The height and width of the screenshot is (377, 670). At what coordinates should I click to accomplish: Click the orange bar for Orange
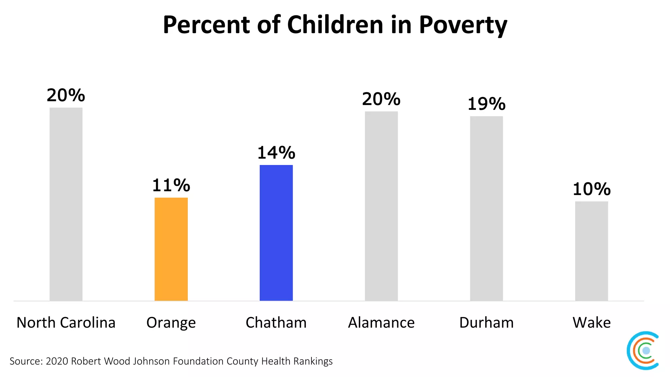[x=171, y=249]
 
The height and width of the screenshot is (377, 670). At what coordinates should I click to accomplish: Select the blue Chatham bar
[x=276, y=233]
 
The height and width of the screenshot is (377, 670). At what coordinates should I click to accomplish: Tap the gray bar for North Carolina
[x=66, y=204]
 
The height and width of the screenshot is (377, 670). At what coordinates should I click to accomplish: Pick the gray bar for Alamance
[x=381, y=206]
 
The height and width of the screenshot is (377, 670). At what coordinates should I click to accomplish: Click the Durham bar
[x=486, y=208]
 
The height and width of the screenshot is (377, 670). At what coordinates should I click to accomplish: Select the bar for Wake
[x=591, y=251]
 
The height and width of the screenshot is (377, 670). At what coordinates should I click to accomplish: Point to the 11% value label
[x=171, y=186]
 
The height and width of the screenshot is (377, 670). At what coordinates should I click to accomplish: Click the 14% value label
[x=276, y=153]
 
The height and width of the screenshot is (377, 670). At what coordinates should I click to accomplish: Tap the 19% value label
[x=486, y=104]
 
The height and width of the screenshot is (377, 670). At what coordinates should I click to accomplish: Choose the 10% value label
[x=591, y=189]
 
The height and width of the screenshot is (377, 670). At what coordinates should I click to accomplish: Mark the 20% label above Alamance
[x=381, y=99]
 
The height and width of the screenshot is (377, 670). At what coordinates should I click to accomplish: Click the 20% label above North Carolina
[x=66, y=96]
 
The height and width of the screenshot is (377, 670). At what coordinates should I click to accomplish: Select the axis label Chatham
[x=276, y=323]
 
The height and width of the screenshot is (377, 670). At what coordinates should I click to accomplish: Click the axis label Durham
[x=486, y=323]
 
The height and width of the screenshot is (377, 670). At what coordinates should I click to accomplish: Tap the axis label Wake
[x=591, y=323]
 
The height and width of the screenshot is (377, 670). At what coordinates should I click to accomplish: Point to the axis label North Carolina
[x=66, y=323]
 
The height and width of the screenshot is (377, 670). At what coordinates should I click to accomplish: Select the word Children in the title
[x=335, y=25]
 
